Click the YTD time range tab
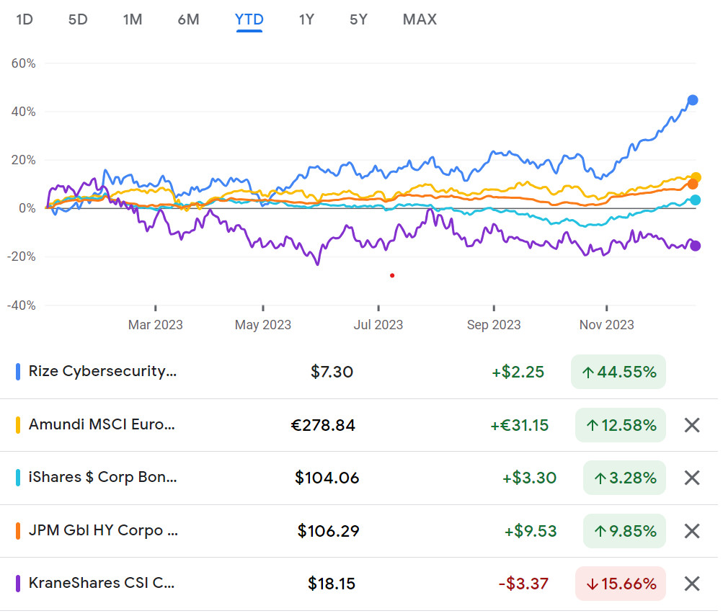[249, 19]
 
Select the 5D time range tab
[78, 19]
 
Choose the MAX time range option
[420, 19]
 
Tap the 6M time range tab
[188, 19]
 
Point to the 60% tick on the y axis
[24, 63]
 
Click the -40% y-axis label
[22, 305]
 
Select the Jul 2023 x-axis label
[378, 325]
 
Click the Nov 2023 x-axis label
[606, 325]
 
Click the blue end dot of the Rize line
[693, 100]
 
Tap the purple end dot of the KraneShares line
[696, 246]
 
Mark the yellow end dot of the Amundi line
[696, 177]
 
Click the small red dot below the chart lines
[392, 275]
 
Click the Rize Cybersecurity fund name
[102, 372]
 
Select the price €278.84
[322, 425]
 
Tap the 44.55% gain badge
[618, 372]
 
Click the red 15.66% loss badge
[621, 584]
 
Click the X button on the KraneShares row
[691, 584]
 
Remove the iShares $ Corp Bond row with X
[691, 478]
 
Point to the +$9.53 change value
[530, 531]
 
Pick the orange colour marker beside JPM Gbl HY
[18, 531]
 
